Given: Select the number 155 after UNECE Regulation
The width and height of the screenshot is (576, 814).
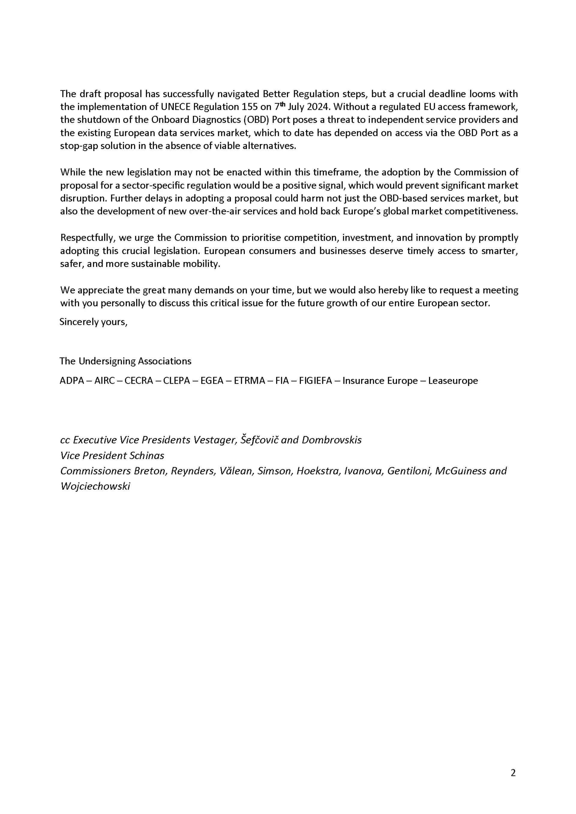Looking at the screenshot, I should click(250, 107).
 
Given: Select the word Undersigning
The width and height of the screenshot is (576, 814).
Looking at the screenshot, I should click(107, 361).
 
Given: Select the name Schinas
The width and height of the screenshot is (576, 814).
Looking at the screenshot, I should click(146, 456).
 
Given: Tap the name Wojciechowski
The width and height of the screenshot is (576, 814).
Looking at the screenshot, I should click(95, 486).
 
